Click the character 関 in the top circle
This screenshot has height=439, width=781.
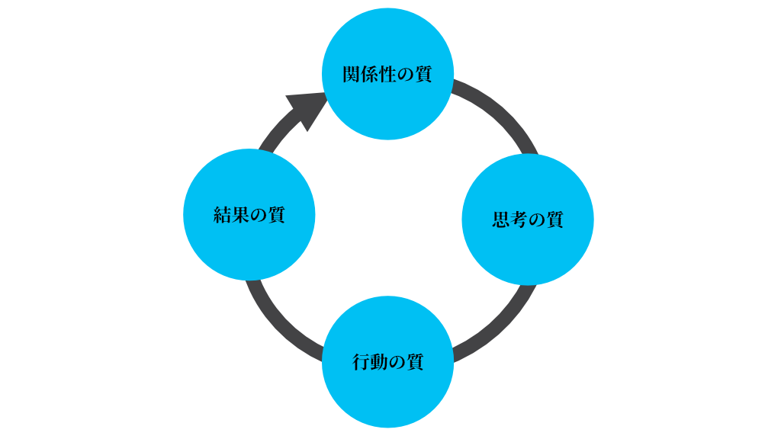(x=352, y=75)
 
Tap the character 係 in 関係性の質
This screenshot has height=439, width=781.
(x=370, y=75)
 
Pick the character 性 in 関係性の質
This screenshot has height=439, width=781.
(x=387, y=75)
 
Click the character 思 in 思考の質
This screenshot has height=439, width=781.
(x=501, y=220)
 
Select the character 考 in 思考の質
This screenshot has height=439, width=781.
(x=519, y=220)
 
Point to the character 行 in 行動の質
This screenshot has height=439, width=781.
(x=362, y=361)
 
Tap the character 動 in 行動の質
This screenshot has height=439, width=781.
(x=379, y=361)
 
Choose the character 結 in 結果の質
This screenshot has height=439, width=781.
(x=223, y=215)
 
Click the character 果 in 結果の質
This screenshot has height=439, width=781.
(x=241, y=215)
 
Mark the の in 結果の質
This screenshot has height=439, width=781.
(x=259, y=216)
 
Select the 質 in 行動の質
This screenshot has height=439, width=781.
(x=415, y=361)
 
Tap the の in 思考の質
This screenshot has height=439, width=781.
(x=537, y=221)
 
